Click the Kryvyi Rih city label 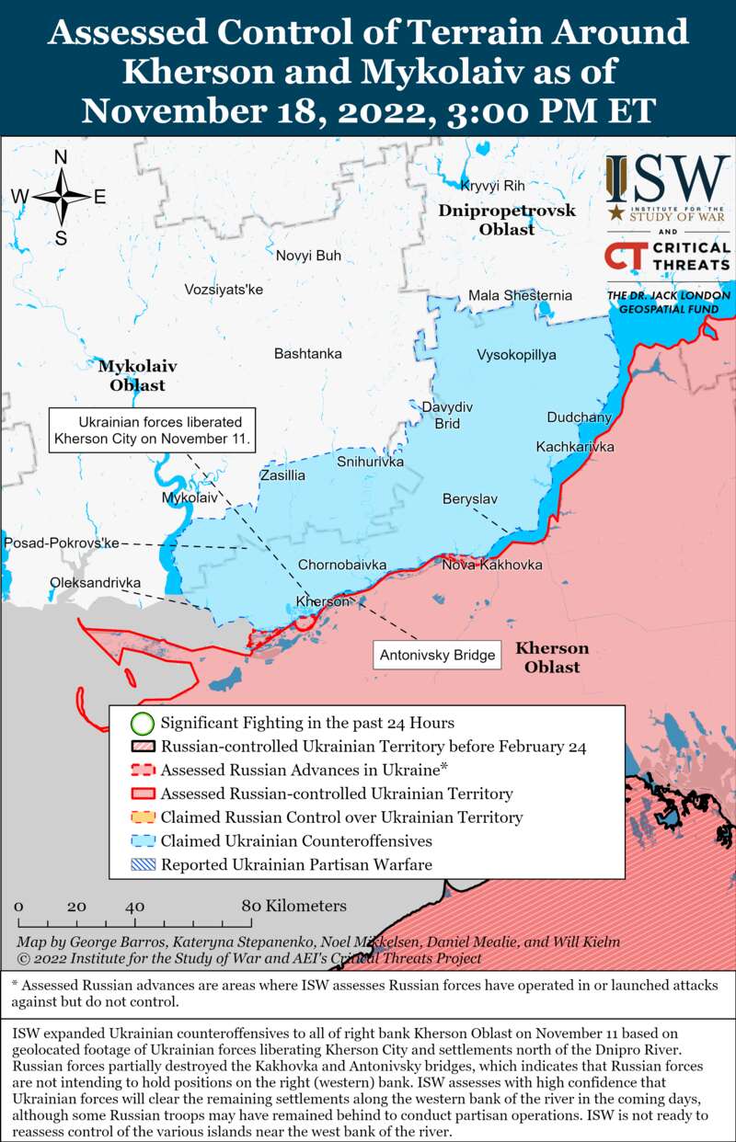492,185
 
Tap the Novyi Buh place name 308,256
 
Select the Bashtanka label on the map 307,353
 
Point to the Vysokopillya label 516,355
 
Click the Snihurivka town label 371,461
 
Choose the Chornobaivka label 341,565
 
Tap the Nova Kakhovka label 491,565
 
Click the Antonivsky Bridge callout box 437,656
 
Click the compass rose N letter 61,157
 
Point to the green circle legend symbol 142,723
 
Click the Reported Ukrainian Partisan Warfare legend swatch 142,864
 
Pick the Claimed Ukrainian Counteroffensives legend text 295,840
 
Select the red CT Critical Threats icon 625,257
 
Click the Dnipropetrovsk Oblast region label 507,220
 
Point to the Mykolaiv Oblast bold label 138,375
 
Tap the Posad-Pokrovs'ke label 62,543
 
